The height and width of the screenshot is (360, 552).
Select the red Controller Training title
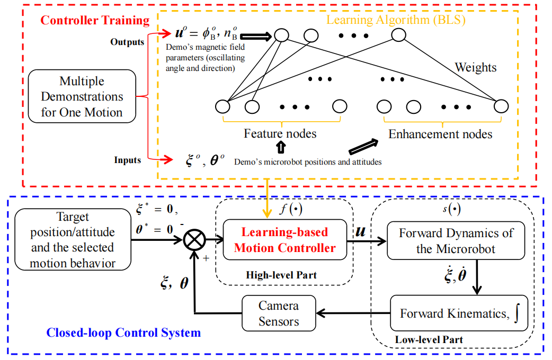[x=95, y=21]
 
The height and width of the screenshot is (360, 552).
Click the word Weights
[x=475, y=67]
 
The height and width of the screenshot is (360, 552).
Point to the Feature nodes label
[x=280, y=133]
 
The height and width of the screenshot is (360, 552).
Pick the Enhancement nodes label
[x=440, y=134]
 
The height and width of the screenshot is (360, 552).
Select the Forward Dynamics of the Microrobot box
[x=456, y=240]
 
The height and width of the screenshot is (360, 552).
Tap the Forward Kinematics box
[x=459, y=313]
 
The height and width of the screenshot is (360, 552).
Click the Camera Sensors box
[x=279, y=313]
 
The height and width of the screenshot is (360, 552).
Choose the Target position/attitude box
[x=73, y=240]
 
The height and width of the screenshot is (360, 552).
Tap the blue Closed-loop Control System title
[x=124, y=333]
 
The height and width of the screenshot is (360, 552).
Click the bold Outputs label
[x=127, y=42]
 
